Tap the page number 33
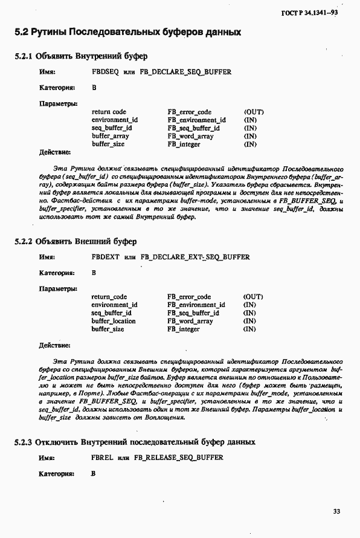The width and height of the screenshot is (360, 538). click(336, 511)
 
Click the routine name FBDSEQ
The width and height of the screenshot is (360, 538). click(104, 72)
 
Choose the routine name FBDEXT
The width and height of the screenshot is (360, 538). click(105, 257)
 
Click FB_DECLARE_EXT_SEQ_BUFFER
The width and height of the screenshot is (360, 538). click(194, 257)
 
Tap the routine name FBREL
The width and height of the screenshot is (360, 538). click(102, 458)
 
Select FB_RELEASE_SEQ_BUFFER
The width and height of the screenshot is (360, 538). click(179, 458)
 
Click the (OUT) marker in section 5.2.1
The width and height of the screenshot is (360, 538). click(254, 112)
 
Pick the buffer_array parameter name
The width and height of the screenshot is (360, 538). click(111, 136)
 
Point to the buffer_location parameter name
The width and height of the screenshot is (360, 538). click(114, 321)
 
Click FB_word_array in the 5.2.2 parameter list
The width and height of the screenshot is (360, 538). click(190, 321)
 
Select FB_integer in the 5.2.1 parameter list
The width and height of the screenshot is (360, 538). click(184, 144)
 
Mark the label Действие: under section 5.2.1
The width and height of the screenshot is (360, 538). click(54, 152)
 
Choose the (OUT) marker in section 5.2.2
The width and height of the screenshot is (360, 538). click(254, 297)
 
